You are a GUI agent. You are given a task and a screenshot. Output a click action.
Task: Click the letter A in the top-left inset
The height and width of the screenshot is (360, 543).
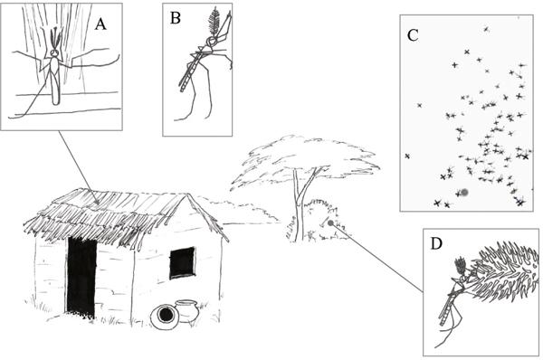click(100, 24)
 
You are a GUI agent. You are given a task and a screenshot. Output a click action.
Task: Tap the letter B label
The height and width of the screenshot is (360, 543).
click(176, 18)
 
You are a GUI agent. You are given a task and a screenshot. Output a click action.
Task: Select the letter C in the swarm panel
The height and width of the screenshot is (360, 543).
click(413, 35)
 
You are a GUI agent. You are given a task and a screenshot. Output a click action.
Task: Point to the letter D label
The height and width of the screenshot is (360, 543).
click(436, 243)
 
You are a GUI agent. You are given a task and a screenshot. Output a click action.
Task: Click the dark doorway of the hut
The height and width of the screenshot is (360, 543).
click(82, 276)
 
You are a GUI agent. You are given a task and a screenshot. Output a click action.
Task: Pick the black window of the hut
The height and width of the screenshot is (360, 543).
click(182, 262)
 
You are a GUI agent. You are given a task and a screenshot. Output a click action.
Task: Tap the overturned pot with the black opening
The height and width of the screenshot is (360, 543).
click(166, 316)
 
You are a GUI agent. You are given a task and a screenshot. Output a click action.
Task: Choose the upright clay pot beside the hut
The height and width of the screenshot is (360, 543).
click(187, 310)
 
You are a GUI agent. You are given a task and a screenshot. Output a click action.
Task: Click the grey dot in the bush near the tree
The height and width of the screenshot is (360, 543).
click(330, 223)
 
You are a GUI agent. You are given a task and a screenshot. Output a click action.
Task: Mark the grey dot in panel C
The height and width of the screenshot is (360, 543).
click(464, 192)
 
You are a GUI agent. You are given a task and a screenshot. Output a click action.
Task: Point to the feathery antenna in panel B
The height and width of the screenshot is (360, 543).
click(214, 21)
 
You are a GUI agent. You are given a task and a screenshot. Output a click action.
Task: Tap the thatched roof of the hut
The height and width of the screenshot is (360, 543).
click(118, 214)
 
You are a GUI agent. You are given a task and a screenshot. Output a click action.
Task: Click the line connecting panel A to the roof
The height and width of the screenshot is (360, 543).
click(78, 166)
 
